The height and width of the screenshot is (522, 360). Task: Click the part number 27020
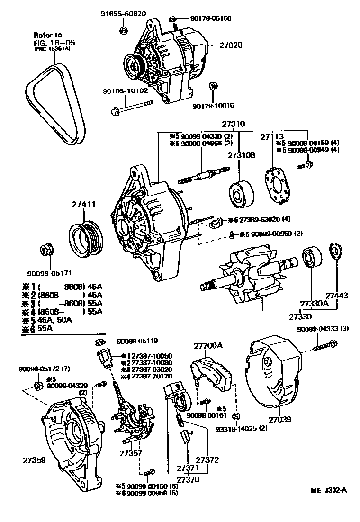(231, 46)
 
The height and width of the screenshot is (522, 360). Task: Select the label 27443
(337, 295)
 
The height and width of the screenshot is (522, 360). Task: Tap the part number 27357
(130, 453)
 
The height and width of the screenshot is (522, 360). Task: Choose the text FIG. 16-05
(54, 42)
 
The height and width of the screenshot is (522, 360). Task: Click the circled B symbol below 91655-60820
(123, 31)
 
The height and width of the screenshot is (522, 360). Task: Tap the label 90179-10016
(213, 106)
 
